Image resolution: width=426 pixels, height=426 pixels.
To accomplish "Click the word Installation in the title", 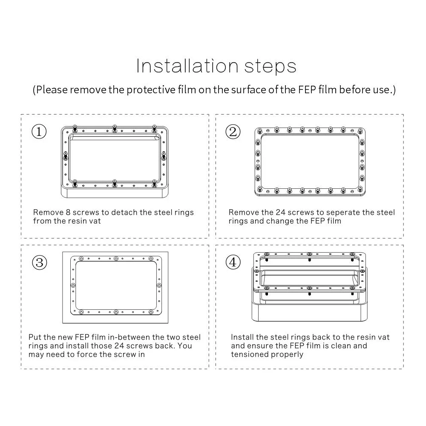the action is coord(187,66).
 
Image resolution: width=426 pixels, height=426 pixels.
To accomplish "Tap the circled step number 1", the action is coord(39,132).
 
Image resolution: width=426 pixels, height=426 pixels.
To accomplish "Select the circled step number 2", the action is coord(233,132).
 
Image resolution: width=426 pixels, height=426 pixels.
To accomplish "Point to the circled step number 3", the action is coord(39,262).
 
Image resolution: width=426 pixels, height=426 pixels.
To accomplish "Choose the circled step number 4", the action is coord(233,262).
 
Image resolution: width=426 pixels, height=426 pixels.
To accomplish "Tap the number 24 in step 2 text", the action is coord(281,212).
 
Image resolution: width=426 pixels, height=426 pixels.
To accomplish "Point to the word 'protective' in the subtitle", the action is coord(151,90).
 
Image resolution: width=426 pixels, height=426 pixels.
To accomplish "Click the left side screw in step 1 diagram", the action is coord(65,155).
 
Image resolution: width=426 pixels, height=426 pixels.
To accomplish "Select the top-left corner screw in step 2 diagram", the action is coord(260,131).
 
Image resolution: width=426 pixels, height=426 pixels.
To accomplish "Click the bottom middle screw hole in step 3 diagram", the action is coord(116,312).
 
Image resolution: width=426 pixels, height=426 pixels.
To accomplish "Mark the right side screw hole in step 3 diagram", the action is coord(159,285).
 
